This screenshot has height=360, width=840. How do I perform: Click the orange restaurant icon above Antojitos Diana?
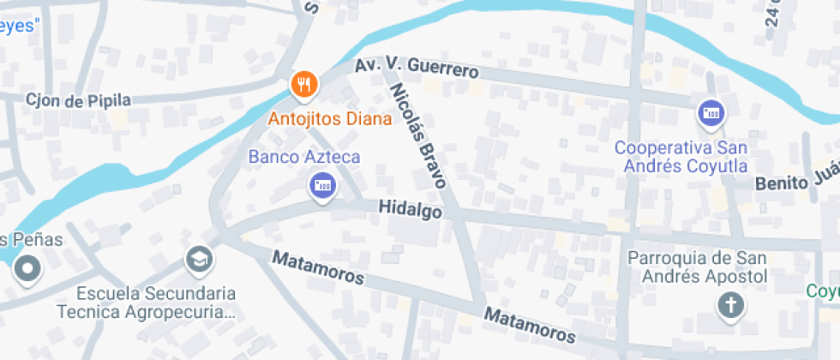click(x=304, y=84)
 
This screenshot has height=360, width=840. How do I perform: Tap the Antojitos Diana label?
click(x=329, y=118)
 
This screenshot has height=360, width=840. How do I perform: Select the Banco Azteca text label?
click(x=304, y=157)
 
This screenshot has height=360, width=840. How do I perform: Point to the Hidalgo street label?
click(x=412, y=209)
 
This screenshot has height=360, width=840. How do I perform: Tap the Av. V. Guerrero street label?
click(x=417, y=67)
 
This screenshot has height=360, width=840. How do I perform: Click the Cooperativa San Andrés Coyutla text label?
click(x=681, y=156)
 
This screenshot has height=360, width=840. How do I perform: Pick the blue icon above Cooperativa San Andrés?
click(x=711, y=113)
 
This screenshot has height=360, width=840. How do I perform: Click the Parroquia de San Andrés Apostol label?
click(x=696, y=267)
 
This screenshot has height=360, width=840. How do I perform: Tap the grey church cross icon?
click(x=731, y=304)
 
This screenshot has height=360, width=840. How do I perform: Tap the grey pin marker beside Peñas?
click(x=28, y=269)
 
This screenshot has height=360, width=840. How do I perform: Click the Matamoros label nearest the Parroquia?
click(x=529, y=326)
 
